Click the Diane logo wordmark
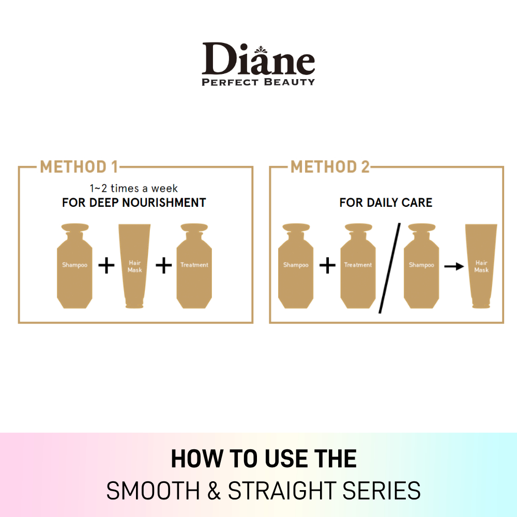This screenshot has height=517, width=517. point(258,59)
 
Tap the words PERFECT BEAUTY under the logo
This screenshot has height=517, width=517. point(258,82)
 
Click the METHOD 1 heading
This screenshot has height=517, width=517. point(79,167)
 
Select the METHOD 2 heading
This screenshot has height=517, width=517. point(330,167)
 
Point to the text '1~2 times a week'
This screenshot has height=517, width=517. point(133,188)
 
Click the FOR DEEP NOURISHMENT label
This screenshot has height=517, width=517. point(134,203)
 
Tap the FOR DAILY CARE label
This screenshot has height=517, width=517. point(386,203)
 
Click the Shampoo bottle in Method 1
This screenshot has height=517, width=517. point(74,266)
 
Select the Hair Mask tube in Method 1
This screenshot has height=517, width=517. point(134,266)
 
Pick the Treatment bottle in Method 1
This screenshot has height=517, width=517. point(194,266)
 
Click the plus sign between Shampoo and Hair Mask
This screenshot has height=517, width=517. point(107,265)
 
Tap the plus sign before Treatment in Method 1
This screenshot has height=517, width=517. point(164,265)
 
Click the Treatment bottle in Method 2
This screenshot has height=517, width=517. point(358,266)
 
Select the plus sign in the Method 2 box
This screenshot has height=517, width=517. point(327,265)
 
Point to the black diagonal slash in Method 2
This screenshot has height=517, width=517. point(389,268)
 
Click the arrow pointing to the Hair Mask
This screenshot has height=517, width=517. point(454,266)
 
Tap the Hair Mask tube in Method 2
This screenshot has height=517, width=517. point(481,266)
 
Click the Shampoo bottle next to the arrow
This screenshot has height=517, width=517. point(421,266)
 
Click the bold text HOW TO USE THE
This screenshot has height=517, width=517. point(264,459)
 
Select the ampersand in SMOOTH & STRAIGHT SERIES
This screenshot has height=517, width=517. point(214,491)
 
